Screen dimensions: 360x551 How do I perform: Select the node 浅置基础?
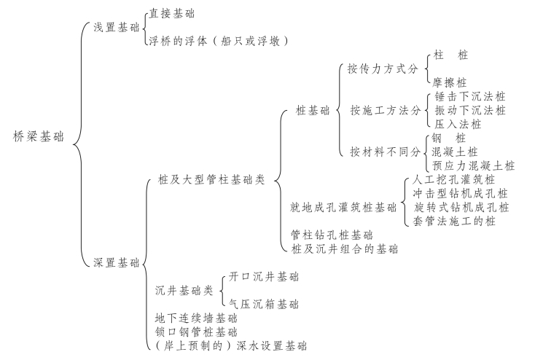(x=116, y=27)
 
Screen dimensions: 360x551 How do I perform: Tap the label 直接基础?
(x=171, y=13)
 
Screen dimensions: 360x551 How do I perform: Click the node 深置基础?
(x=116, y=262)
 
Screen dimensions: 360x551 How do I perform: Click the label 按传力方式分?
(x=383, y=69)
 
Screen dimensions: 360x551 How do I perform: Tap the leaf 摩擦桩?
(x=450, y=82)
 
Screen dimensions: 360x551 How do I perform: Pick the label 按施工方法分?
(x=385, y=111)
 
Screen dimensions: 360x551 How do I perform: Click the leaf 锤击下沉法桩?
(x=468, y=96)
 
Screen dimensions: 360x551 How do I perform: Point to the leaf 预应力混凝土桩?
(x=473, y=165)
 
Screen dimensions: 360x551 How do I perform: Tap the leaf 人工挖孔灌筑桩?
(x=453, y=179)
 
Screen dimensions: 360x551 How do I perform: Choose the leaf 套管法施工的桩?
(x=454, y=221)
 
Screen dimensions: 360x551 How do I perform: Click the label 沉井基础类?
(x=184, y=290)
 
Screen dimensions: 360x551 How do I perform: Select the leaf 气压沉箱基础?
(x=263, y=304)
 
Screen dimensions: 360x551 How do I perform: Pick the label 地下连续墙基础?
(x=196, y=318)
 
